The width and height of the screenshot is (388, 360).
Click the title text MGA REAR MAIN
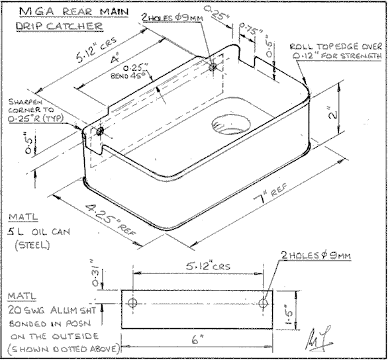(x=66, y=13)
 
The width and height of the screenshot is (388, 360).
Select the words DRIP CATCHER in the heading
(x=60, y=27)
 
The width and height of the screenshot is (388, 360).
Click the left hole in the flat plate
(x=132, y=303)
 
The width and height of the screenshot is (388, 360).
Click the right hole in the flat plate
(x=264, y=303)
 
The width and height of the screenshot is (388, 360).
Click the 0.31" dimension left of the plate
(x=111, y=272)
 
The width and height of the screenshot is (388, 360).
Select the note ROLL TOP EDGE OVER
(x=334, y=46)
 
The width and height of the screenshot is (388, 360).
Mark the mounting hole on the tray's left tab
(x=99, y=133)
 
